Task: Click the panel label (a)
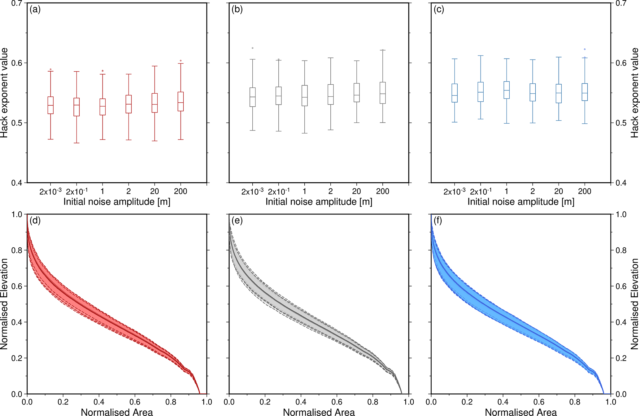(x=35, y=10)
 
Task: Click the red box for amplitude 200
(x=181, y=101)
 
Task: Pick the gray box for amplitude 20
(x=357, y=92)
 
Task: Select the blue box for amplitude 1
(x=507, y=90)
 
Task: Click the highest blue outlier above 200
(x=585, y=49)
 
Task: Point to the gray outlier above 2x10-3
(x=253, y=48)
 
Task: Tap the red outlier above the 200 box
(x=181, y=61)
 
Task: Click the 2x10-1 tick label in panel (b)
(x=279, y=192)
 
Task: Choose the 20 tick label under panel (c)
(x=559, y=192)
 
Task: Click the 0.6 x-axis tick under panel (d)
(x=135, y=402)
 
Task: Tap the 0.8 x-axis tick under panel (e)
(x=373, y=402)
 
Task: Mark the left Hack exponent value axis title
(x=4, y=93)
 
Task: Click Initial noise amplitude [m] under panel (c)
(x=521, y=202)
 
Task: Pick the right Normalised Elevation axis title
(x=635, y=304)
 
